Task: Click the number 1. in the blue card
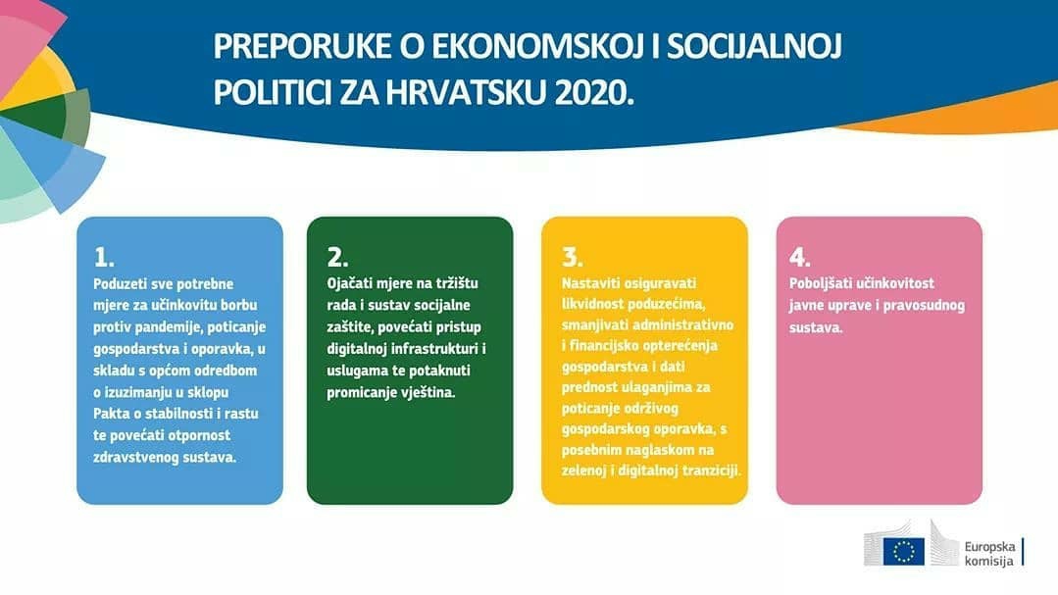point(104,257)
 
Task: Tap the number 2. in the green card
point(337,257)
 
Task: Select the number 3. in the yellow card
point(573,257)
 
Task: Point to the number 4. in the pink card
point(799,257)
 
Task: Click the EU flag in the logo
point(903,551)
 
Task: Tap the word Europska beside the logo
point(989,546)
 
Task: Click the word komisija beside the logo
point(988,562)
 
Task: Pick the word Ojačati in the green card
point(350,283)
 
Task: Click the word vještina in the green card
point(427,393)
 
